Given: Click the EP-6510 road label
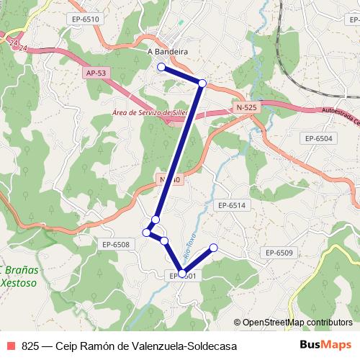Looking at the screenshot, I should tap(86, 19).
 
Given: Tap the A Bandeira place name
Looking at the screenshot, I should tap(167, 52).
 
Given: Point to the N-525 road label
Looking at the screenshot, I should tap(246, 107).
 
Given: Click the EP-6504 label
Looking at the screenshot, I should tap(319, 138).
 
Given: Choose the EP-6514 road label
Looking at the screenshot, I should tap(231, 205).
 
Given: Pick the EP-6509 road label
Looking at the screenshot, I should tap(279, 252).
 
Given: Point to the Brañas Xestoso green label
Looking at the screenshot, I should tap(22, 277).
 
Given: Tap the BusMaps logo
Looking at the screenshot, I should tap(325, 346).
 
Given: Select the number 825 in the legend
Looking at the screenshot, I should tap(30, 346).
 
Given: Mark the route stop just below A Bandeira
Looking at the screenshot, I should tap(161, 67).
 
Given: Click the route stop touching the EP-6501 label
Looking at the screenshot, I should tap(183, 272).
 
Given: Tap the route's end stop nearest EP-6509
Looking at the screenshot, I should tap(213, 248).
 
